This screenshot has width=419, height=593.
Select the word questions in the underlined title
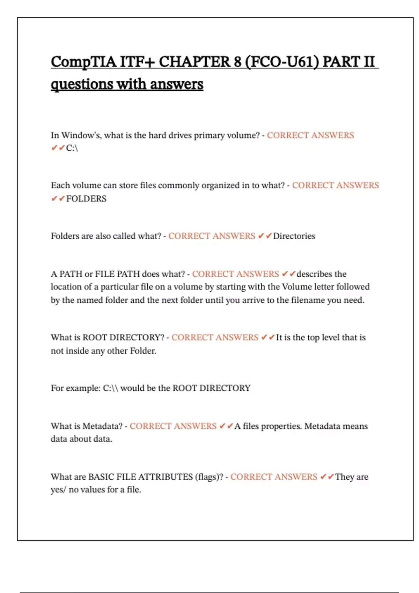click(82, 84)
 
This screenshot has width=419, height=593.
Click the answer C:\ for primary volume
click(72, 148)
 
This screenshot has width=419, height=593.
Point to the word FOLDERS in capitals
click(86, 199)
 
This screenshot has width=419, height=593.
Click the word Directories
click(294, 236)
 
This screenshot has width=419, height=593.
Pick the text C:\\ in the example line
click(110, 388)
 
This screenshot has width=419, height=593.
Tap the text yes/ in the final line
click(58, 490)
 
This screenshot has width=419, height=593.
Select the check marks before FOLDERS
click(58, 199)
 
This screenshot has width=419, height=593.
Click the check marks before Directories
click(265, 236)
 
